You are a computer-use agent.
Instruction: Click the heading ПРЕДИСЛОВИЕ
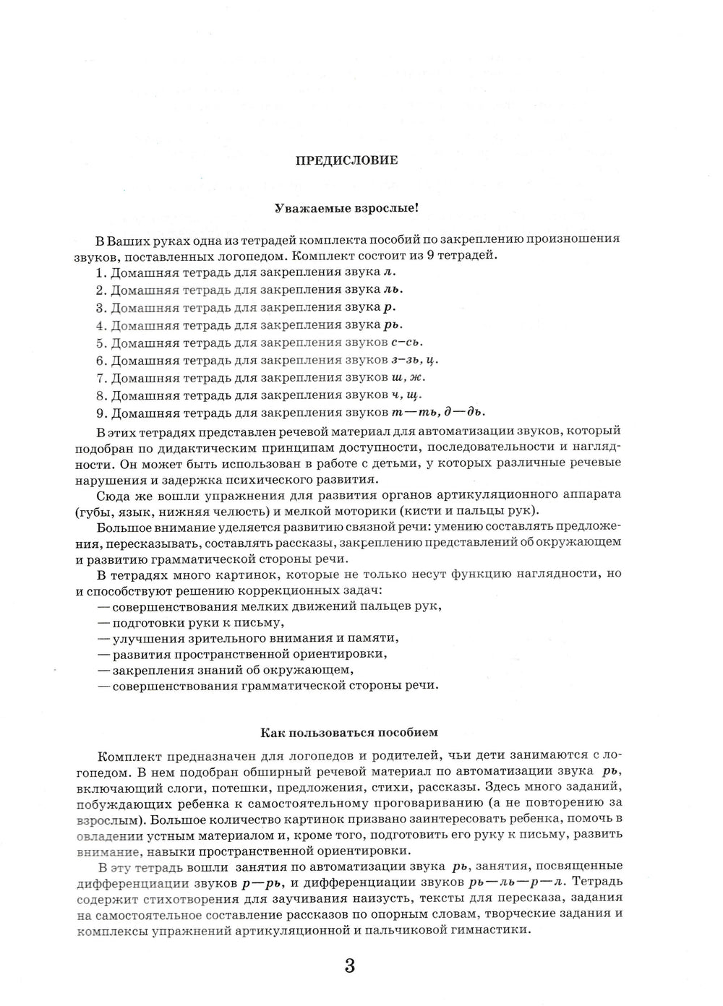pos(346,160)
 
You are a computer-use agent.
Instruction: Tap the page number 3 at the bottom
pos(350,966)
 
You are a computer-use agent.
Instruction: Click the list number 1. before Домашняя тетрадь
pos(100,273)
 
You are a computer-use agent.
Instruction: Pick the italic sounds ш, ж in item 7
pos(408,377)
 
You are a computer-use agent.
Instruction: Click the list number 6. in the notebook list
pos(100,360)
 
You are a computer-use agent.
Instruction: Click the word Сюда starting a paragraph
pos(111,495)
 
